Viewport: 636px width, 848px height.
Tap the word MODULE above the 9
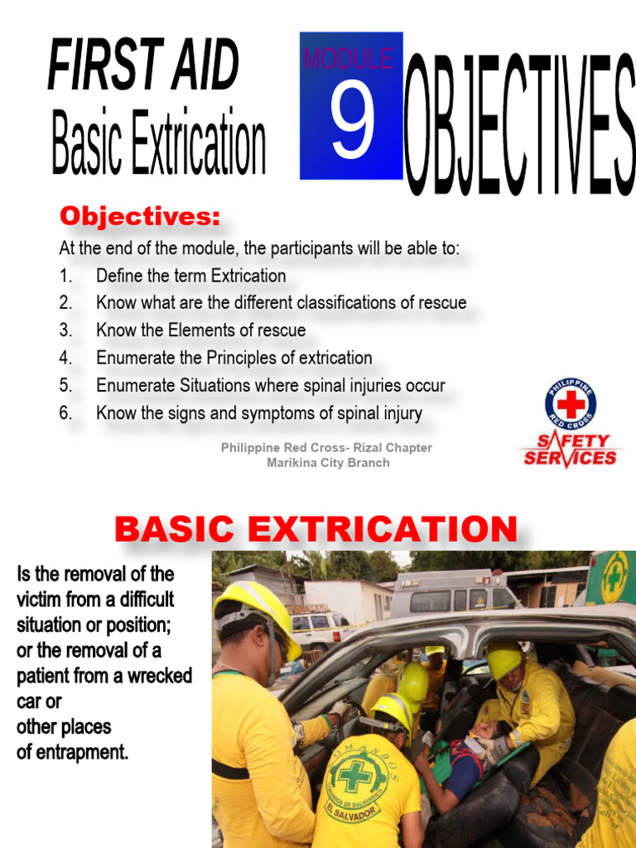pyautogui.click(x=348, y=59)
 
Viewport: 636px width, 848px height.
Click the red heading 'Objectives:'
pyautogui.click(x=140, y=217)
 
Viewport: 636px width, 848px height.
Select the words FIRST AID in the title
pyautogui.click(x=142, y=65)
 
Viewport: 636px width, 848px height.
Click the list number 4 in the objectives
pyautogui.click(x=65, y=358)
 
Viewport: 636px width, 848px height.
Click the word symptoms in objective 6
pyautogui.click(x=307, y=412)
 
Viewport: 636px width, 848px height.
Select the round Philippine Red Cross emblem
pyautogui.click(x=571, y=403)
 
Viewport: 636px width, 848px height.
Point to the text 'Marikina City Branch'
pyautogui.click(x=327, y=463)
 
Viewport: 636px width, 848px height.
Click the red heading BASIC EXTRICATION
pyautogui.click(x=316, y=528)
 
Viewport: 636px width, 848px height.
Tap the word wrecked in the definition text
pyautogui.click(x=162, y=676)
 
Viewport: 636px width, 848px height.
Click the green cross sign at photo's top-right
pyautogui.click(x=614, y=576)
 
